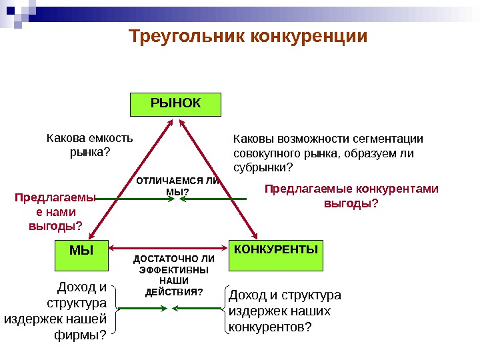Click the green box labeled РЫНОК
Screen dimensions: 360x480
(x=175, y=105)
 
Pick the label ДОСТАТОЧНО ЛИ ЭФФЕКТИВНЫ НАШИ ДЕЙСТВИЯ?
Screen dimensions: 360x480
(x=174, y=275)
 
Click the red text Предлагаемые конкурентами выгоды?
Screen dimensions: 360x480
(x=351, y=196)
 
